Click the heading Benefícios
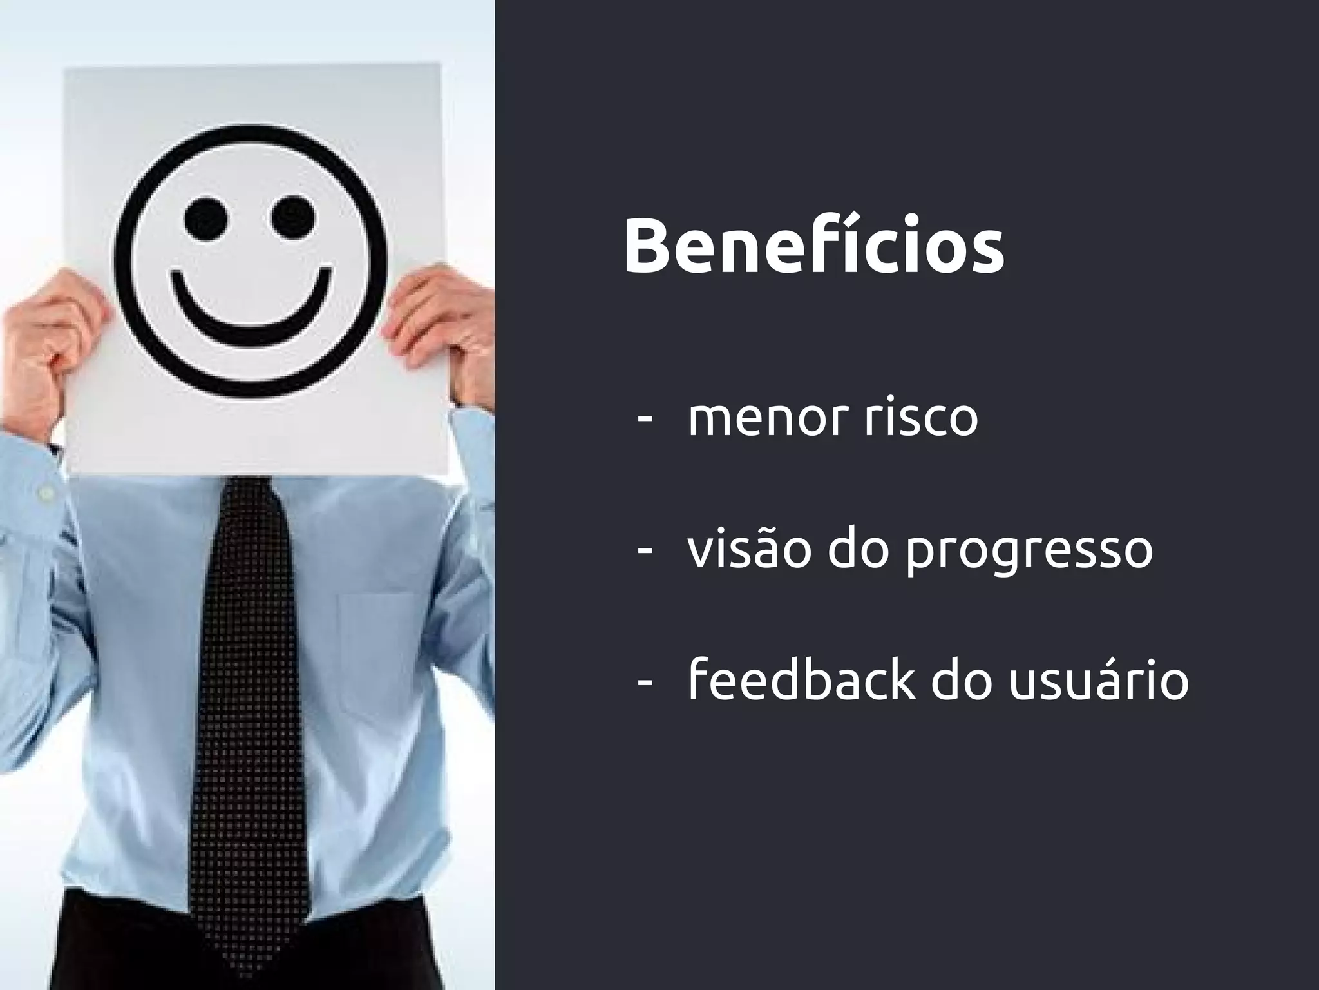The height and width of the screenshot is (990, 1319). tap(813, 247)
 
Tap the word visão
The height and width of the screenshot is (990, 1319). tap(748, 549)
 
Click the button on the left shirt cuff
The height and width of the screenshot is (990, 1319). tap(46, 493)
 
